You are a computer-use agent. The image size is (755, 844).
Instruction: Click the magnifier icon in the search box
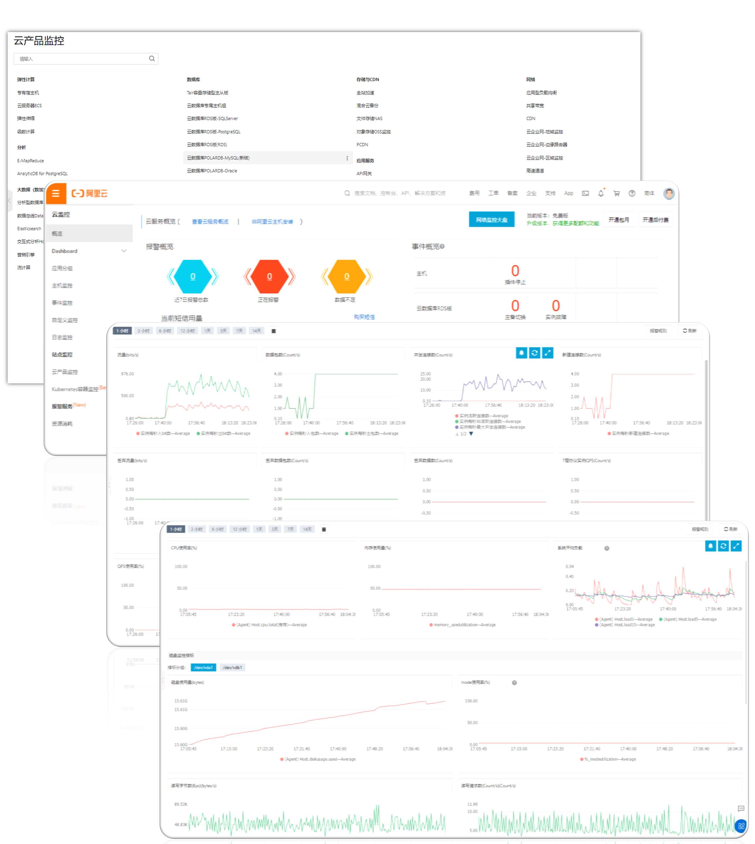152,58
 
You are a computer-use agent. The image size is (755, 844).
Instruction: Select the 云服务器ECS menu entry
29,106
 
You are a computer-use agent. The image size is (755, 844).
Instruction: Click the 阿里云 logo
90,194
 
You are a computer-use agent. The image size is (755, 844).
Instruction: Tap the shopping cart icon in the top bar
616,193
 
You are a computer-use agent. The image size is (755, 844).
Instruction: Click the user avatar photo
669,193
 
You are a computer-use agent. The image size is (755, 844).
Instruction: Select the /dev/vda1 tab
203,667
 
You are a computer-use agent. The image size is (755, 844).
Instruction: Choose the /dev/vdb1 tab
232,667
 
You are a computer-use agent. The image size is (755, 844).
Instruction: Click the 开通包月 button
618,220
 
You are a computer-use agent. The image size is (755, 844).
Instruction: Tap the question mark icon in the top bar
632,193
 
